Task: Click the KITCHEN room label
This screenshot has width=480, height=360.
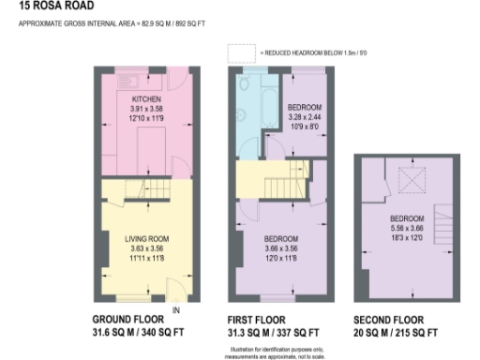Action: [x=144, y=98]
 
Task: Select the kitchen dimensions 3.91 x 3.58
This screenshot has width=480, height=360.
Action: [x=144, y=107]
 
